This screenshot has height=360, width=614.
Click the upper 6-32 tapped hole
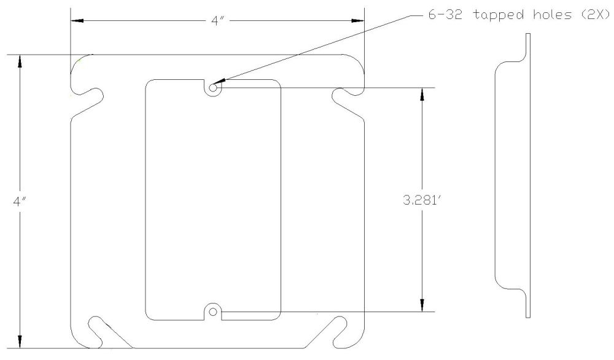(213, 88)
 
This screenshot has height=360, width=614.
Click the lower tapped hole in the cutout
(213, 311)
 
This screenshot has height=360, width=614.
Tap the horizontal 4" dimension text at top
(217, 21)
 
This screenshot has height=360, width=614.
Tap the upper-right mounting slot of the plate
(344, 95)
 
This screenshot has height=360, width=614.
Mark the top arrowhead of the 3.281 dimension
(422, 94)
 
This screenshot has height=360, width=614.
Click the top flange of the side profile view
(528, 46)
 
